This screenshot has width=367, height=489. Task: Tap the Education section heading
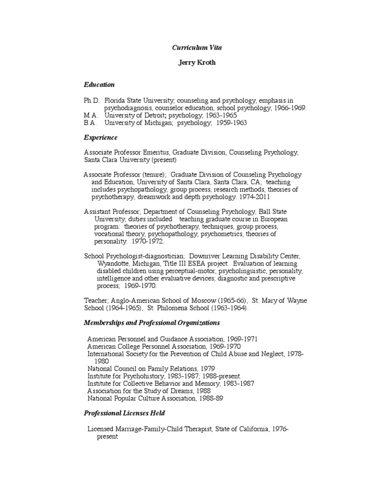(x=99, y=85)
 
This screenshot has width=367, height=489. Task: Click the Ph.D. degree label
(x=91, y=100)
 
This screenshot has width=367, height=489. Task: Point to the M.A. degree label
(x=91, y=115)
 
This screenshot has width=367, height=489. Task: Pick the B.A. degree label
(x=90, y=123)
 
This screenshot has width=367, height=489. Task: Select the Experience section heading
(x=100, y=138)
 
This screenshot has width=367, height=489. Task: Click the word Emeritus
(x=155, y=152)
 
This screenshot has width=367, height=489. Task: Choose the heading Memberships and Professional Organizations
(x=152, y=323)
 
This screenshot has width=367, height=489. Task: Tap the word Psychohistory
(x=143, y=376)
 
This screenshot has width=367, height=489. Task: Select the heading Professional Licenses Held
(x=125, y=413)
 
